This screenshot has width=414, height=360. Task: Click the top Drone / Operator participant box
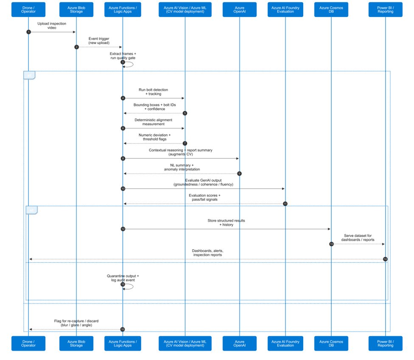click(28, 9)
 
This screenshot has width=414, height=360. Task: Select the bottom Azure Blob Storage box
click(76, 343)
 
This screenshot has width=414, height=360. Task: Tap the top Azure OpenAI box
click(239, 9)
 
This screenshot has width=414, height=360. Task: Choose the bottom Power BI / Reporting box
click(385, 343)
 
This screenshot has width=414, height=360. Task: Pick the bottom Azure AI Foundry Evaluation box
click(285, 343)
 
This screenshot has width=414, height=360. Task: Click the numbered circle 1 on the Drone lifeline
click(28, 32)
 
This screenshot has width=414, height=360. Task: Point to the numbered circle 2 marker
click(76, 47)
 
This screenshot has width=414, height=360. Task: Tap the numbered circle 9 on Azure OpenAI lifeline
click(239, 174)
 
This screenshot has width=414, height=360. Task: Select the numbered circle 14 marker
click(385, 259)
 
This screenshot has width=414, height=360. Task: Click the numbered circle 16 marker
click(123, 329)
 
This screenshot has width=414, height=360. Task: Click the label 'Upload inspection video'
click(51, 26)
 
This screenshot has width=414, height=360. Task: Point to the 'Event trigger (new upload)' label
click(99, 41)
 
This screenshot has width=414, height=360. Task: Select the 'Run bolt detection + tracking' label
click(153, 92)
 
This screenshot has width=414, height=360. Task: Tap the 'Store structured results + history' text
click(226, 223)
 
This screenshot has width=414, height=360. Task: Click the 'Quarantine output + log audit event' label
click(123, 278)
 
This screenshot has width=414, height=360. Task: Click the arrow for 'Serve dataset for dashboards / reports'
click(358, 244)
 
